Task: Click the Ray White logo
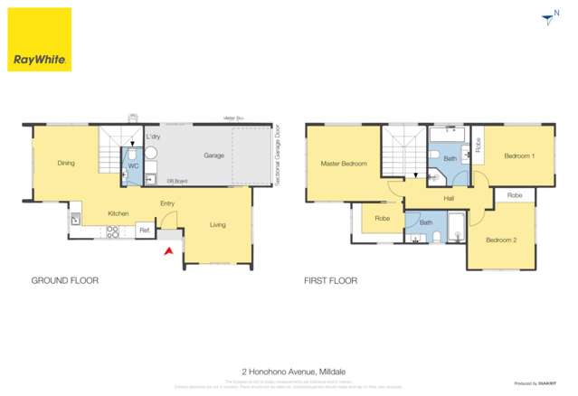coord(40,40)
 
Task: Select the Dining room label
coord(66,164)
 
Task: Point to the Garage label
coord(213,156)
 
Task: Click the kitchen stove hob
coord(113,231)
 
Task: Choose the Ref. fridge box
coord(143,231)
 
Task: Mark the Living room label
coord(218,224)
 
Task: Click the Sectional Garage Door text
coord(277,156)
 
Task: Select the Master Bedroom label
coord(344,164)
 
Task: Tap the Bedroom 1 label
coord(519,156)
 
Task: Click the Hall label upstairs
coord(449,198)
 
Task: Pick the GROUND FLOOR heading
coord(65,281)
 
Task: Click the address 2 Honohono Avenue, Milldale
coord(289,371)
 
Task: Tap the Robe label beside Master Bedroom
coord(382,218)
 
